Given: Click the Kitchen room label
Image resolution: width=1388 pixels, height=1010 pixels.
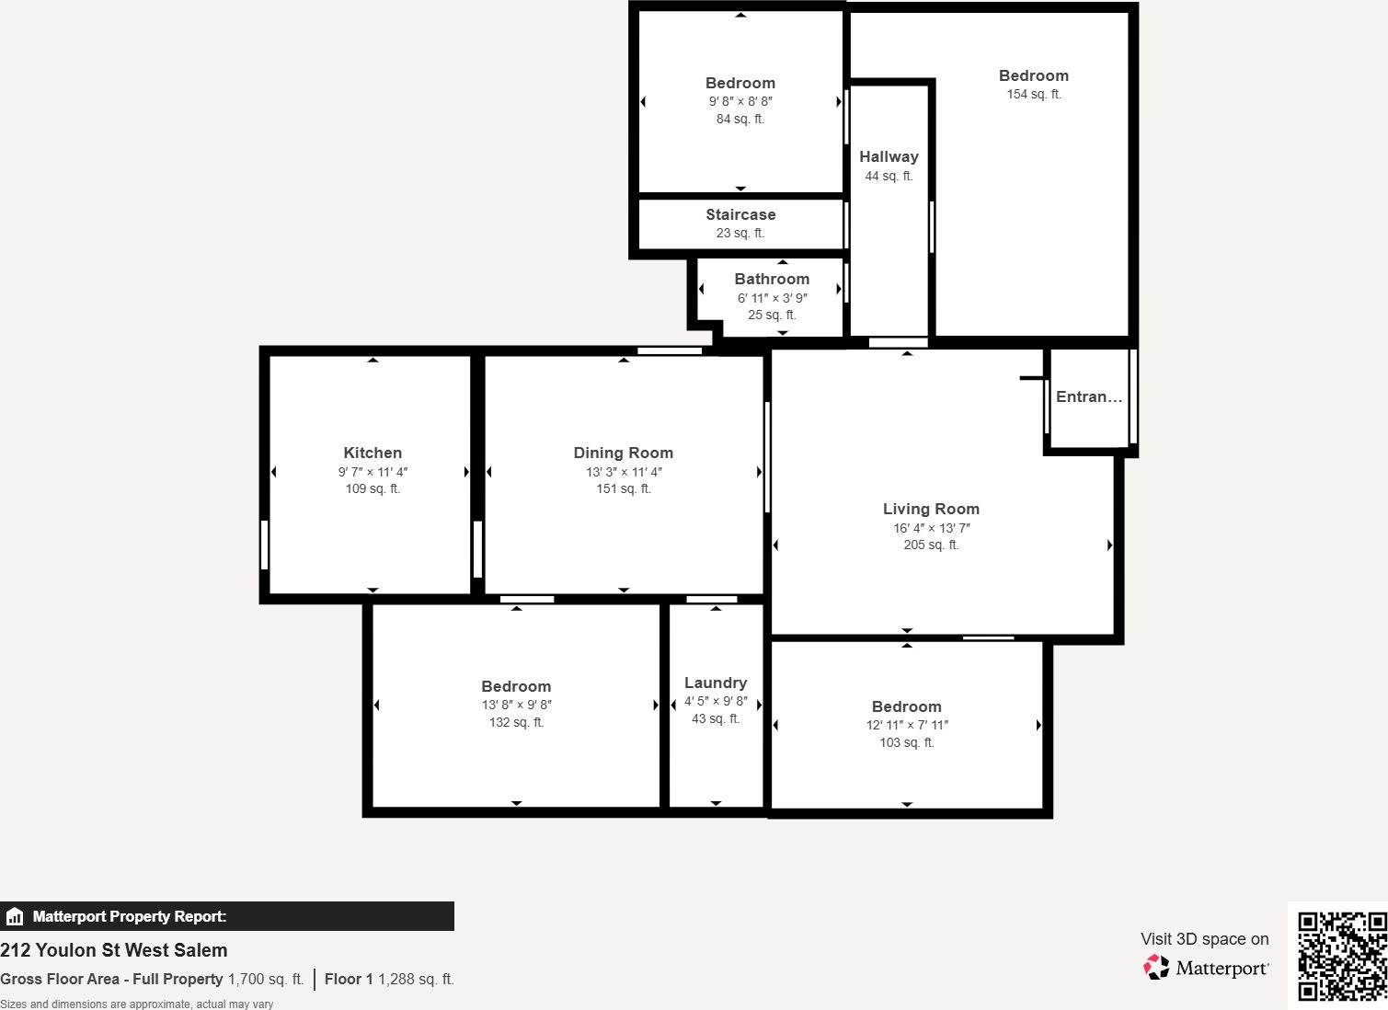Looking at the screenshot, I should click(373, 453).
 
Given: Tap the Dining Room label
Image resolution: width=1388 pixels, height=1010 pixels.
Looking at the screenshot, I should click(623, 453).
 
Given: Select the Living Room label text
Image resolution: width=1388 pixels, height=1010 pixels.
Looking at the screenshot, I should click(931, 509).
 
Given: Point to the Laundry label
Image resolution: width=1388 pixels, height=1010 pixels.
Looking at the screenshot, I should click(716, 683).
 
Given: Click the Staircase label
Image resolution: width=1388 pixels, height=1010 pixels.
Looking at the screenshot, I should click(740, 214).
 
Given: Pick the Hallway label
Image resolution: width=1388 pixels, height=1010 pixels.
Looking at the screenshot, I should click(889, 156).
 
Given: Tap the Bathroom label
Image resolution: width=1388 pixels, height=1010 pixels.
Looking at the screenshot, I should click(772, 279).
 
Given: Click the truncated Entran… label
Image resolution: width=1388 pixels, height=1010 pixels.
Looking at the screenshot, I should click(1089, 396).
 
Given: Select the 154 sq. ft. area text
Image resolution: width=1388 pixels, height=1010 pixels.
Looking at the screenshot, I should click(1034, 94).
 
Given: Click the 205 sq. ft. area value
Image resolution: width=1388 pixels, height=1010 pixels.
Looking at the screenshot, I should click(931, 545).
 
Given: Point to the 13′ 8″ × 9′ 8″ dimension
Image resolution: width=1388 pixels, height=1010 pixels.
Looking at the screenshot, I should click(516, 705).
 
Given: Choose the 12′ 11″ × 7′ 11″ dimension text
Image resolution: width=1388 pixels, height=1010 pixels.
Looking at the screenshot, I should click(907, 725).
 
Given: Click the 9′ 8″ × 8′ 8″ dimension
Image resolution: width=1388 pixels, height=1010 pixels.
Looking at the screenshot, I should click(740, 101).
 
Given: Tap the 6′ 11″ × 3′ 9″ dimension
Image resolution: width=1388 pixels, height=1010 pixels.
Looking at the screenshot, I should click(772, 298).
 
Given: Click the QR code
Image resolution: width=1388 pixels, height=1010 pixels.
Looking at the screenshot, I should click(1341, 956).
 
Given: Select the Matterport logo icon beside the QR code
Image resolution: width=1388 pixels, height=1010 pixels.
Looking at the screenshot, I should click(1156, 967).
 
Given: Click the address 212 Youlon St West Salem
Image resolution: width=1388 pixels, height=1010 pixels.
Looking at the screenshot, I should click(114, 950).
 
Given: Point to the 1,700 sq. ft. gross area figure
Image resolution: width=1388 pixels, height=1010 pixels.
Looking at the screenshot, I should click(265, 979).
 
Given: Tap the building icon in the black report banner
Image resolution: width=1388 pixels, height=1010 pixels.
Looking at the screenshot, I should click(15, 916).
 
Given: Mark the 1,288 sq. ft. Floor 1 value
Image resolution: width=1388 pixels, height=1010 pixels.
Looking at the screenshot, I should click(416, 979).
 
